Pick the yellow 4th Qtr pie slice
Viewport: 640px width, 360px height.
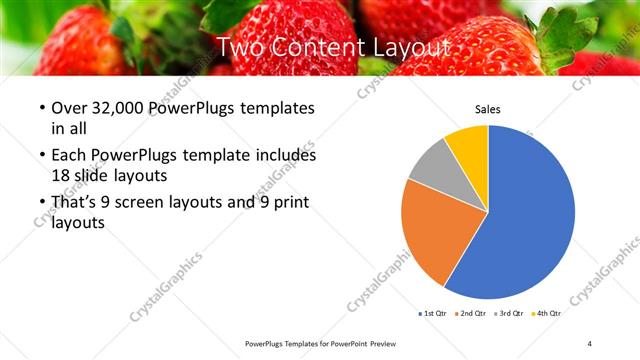pos(468,144)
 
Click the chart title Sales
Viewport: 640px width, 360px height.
pos(487,110)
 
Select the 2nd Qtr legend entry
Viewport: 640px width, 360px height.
pos(473,313)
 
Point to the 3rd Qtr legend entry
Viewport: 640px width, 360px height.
pos(510,313)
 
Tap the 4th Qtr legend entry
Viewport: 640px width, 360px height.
pos(547,313)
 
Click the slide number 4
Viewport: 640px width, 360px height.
pos(590,344)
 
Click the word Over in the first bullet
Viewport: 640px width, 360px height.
pos(69,108)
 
